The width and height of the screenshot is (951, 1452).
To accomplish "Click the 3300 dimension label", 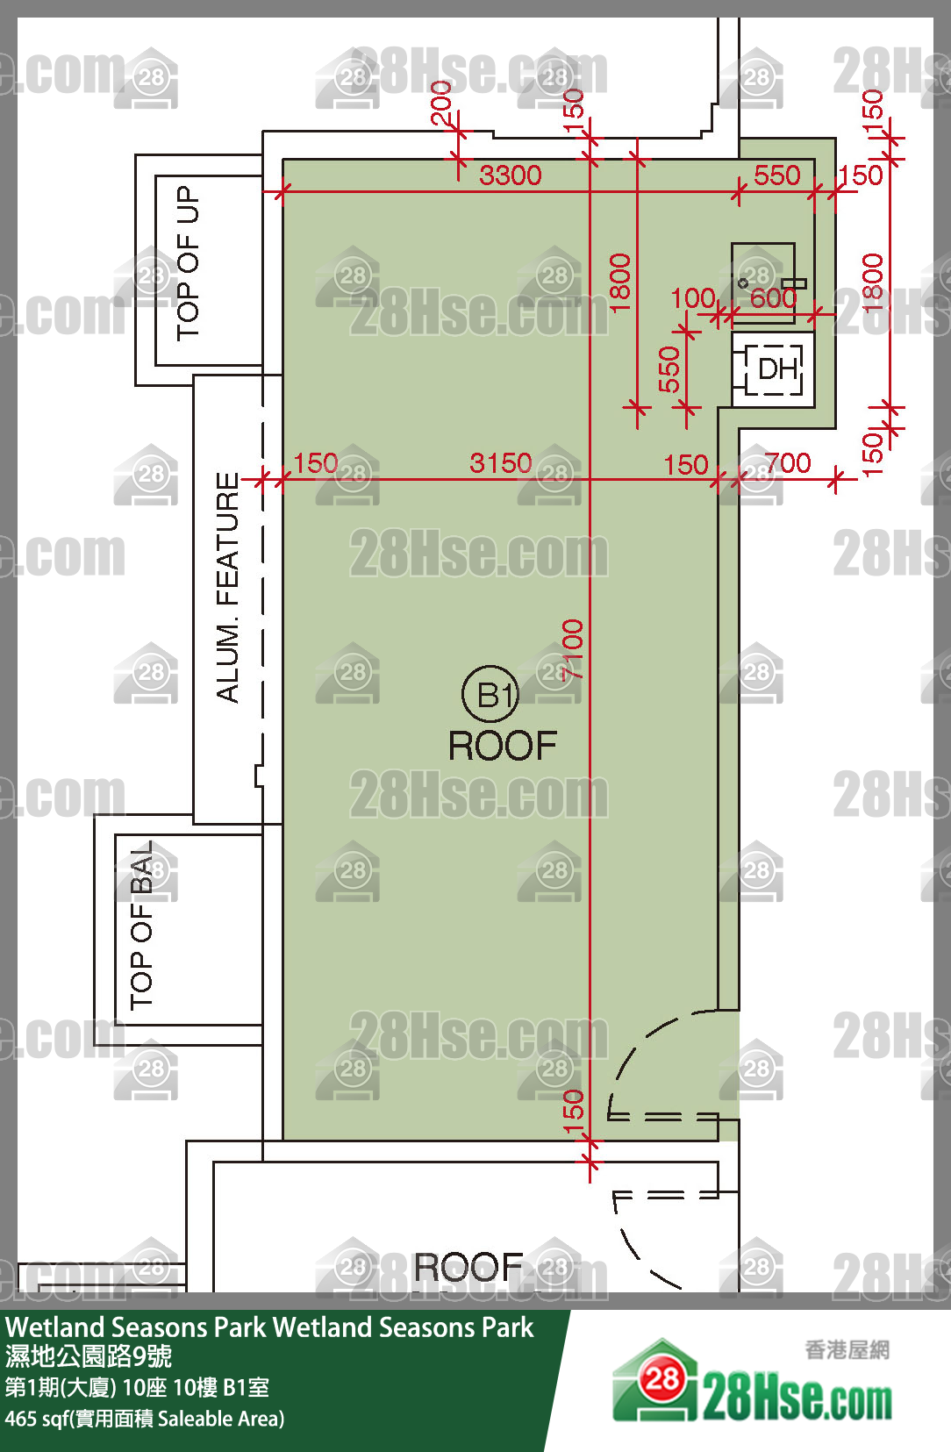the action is click(511, 175).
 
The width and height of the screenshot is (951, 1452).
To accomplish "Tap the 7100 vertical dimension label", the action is click(573, 649).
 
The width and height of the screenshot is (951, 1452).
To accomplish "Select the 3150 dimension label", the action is click(500, 463).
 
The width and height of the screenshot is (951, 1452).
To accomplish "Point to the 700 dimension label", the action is click(788, 463).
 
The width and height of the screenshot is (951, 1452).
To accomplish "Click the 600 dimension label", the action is click(773, 299).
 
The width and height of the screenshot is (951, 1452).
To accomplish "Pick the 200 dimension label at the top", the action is click(441, 102).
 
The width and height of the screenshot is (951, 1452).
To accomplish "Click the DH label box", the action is click(774, 369).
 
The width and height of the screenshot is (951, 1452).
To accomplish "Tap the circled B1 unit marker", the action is click(490, 694).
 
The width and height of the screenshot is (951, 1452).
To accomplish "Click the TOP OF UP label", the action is click(188, 263).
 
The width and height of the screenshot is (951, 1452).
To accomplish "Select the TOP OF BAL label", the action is click(141, 926).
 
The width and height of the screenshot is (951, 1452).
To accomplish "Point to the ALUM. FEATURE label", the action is click(227, 587).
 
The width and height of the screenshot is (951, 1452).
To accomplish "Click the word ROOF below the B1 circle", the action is click(503, 746).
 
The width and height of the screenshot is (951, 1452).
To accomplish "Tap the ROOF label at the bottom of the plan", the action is click(468, 1267).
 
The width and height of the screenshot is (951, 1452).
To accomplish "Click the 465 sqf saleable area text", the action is click(146, 1419).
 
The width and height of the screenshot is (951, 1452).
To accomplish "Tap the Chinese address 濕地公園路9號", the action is click(89, 1355).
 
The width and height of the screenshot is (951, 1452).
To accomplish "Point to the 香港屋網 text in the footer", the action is click(847, 1350).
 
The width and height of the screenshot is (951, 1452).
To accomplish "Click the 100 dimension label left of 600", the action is click(693, 299).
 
